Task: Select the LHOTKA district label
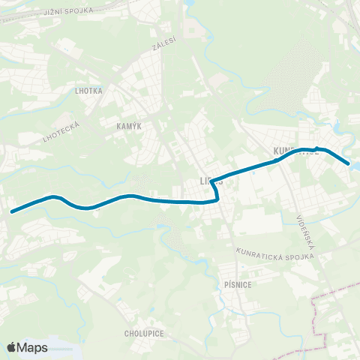point(88,91)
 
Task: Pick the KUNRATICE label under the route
point(297,151)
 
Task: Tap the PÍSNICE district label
point(246,285)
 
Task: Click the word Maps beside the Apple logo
point(33,348)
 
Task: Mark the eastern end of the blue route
point(349,163)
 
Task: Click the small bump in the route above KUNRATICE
point(318,148)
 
